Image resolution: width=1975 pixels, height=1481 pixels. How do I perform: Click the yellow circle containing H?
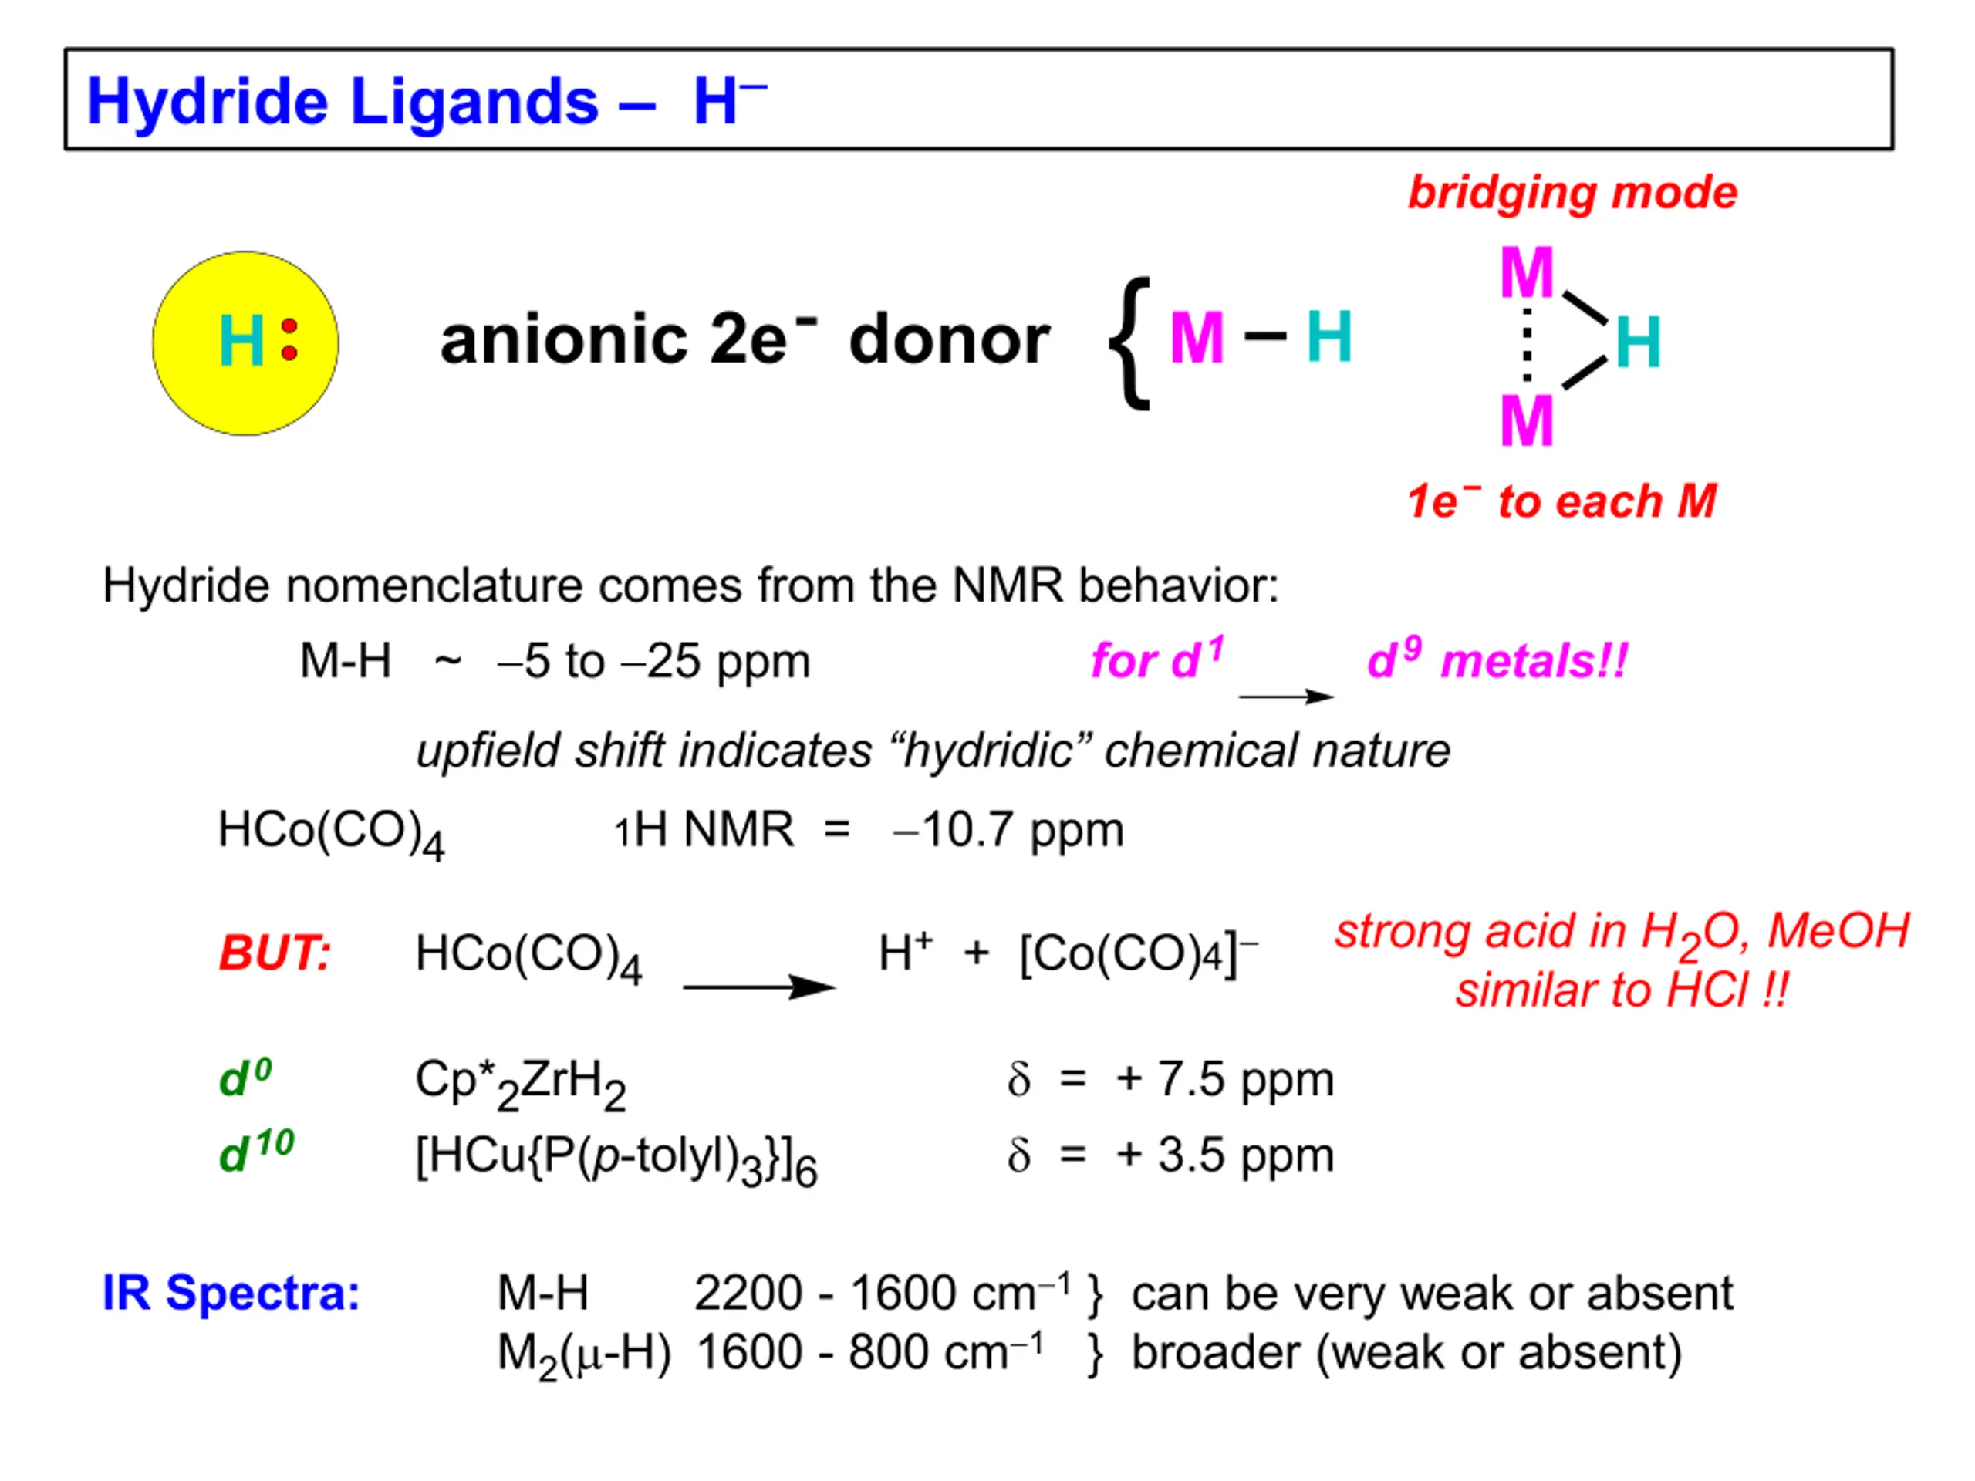click(245, 344)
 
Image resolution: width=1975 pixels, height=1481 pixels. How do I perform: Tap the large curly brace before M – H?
click(1129, 344)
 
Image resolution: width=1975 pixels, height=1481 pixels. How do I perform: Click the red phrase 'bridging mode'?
click(1572, 194)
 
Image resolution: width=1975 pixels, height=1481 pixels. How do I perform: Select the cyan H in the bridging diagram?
click(1638, 342)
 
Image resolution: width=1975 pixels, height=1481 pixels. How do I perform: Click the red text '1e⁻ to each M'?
click(1561, 501)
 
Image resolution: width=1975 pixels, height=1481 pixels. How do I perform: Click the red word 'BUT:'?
click(275, 953)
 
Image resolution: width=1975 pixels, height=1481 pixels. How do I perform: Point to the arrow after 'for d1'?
click(1286, 697)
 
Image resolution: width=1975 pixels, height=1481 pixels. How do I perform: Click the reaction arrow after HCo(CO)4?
click(759, 987)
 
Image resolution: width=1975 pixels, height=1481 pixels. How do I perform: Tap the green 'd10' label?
click(256, 1152)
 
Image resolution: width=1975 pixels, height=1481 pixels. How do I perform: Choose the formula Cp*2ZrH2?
click(521, 1083)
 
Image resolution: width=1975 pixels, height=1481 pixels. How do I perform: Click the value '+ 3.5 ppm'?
click(1225, 1155)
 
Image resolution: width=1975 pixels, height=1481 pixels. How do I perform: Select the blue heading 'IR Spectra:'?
click(231, 1293)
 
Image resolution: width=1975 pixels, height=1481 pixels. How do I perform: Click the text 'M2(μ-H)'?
click(584, 1354)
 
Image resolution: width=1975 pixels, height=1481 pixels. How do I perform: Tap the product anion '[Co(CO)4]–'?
click(1139, 953)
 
